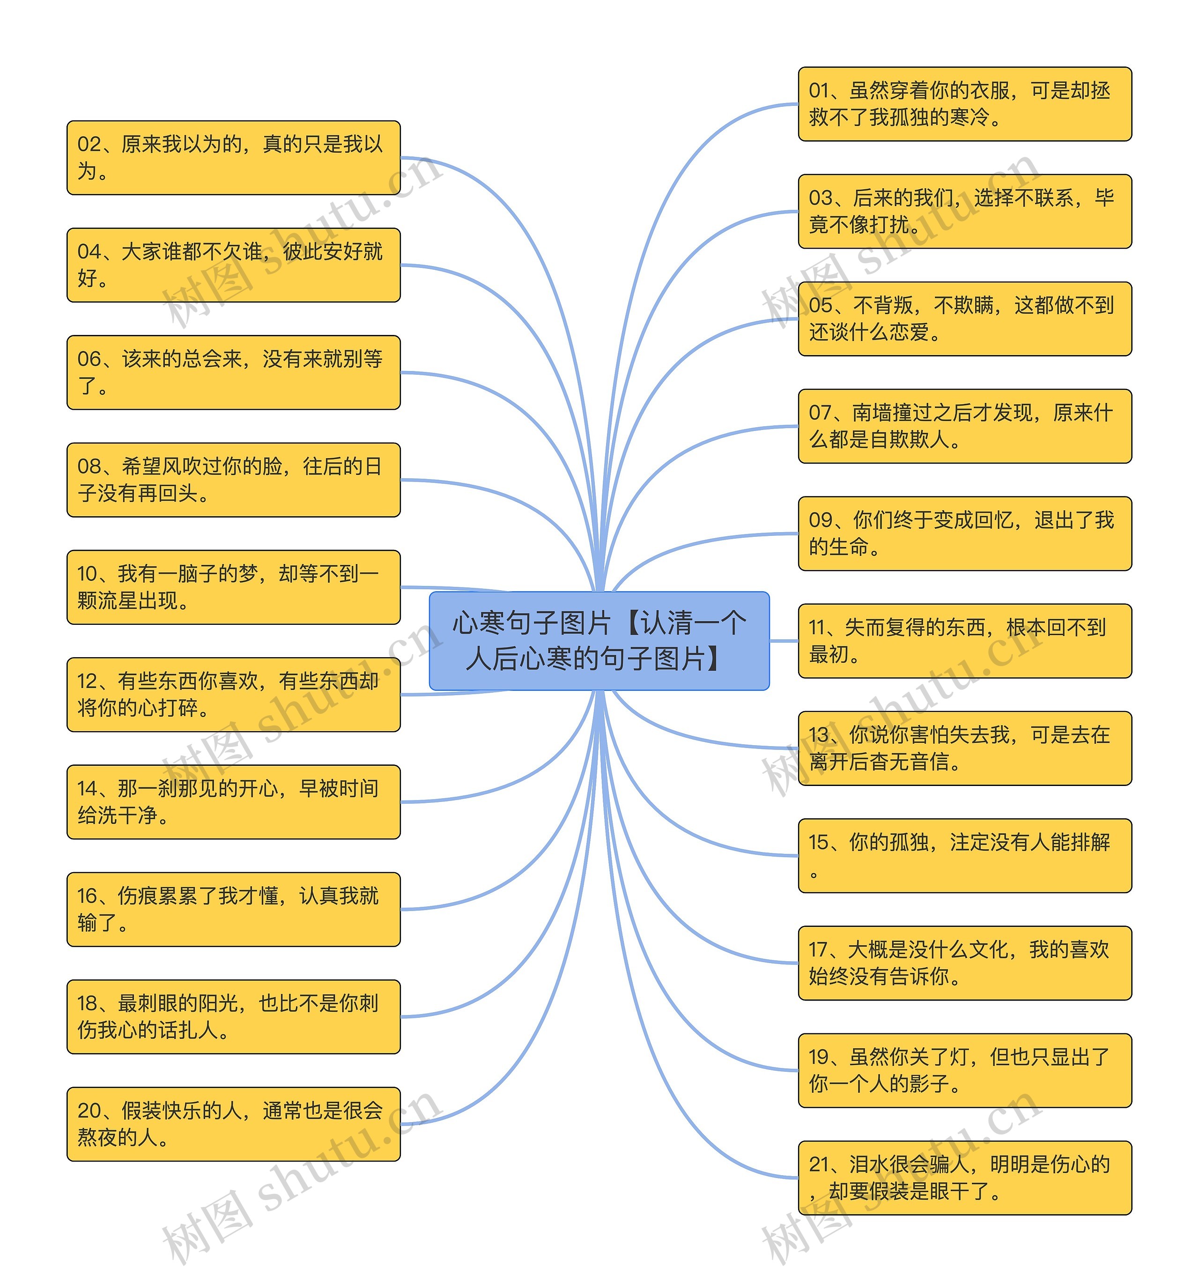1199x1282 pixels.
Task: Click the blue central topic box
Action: tap(599, 640)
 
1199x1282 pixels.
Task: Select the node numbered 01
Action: tap(964, 104)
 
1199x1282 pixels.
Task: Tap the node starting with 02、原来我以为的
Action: tap(234, 157)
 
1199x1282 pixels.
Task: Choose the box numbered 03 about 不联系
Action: tap(964, 211)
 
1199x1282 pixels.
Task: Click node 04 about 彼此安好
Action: tap(234, 264)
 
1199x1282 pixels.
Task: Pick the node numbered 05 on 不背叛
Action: tap(964, 319)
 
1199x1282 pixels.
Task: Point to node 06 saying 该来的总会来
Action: tap(234, 372)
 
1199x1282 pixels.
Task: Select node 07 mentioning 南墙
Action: tap(964, 426)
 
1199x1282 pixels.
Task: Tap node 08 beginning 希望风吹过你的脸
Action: tap(234, 479)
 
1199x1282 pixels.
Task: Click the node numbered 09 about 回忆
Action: tap(964, 534)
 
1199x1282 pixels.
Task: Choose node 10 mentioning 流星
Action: tap(234, 587)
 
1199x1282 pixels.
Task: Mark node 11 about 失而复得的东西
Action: tap(964, 640)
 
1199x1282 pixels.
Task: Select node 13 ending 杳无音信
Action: tap(964, 748)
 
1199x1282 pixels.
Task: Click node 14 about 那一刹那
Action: tap(234, 801)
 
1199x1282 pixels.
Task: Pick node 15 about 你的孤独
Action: tap(964, 855)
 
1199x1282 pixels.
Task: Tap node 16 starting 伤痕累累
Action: tap(234, 909)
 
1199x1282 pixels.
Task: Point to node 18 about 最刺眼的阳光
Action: tap(234, 1016)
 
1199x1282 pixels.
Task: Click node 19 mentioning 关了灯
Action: tap(964, 1070)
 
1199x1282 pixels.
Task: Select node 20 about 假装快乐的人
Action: tap(234, 1124)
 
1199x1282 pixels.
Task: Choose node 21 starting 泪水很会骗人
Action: tap(964, 1178)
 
